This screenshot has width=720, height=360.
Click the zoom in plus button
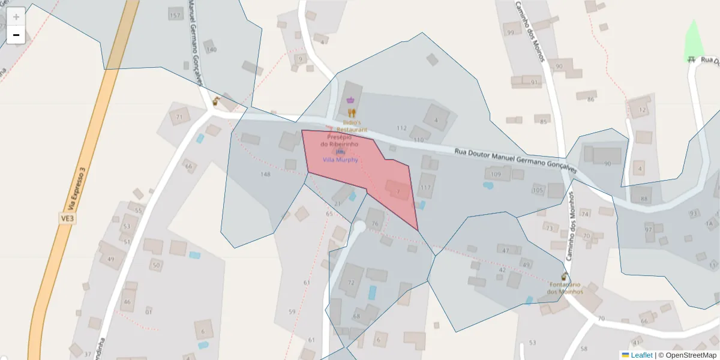[x=16, y=16]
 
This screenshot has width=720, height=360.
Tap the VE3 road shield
[x=67, y=218]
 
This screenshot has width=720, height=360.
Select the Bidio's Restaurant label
[x=352, y=125]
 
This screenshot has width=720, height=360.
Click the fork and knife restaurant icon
[x=352, y=112]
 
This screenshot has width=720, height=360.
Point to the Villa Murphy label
[x=340, y=160]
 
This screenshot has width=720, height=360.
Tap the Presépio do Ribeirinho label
[x=339, y=140]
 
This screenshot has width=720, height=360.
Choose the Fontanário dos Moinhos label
[x=565, y=288]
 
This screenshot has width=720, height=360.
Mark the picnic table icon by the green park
[x=691, y=59]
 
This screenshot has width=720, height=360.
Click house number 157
[x=175, y=16]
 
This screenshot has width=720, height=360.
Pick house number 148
[x=266, y=175]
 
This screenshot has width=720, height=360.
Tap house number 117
[x=425, y=188]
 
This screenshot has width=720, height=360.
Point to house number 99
[x=511, y=32]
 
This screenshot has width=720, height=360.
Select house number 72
[x=351, y=282]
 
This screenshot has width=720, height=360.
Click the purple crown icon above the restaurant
[x=350, y=100]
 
